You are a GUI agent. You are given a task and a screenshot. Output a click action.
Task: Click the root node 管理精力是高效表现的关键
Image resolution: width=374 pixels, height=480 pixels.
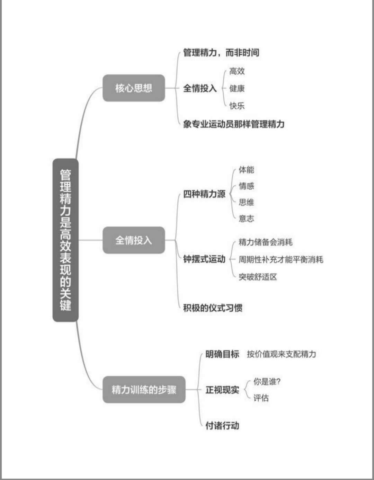tap(65, 240)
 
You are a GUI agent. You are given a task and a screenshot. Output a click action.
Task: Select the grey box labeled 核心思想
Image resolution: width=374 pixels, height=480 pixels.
tap(134, 88)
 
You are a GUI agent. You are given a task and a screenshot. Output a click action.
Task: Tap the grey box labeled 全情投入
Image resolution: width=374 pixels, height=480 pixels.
tap(134, 240)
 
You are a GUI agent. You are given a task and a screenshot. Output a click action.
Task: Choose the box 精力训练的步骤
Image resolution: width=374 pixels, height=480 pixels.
tap(144, 389)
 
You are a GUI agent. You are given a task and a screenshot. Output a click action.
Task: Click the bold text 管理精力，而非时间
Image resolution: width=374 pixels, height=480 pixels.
tap(221, 53)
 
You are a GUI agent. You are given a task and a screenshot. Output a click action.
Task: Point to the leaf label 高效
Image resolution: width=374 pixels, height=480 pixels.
tap(237, 71)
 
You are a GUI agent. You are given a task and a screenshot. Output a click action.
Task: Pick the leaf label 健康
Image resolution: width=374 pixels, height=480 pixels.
tap(237, 88)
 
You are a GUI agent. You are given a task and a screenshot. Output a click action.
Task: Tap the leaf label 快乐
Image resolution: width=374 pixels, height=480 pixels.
tap(237, 106)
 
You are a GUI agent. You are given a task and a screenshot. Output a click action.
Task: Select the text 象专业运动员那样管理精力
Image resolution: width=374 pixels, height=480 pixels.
tap(234, 124)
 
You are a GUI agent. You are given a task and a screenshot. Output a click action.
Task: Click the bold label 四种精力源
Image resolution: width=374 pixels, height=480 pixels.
tap(204, 194)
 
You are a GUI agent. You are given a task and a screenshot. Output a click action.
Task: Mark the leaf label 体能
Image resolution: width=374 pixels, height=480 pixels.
tap(246, 170)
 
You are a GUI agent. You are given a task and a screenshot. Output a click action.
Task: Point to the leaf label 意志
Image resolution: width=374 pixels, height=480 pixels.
tap(246, 219)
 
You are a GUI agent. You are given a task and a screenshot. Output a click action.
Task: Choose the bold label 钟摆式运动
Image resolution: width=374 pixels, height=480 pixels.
tap(204, 259)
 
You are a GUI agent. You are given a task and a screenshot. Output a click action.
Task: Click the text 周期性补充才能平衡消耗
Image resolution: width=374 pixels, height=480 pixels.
tap(281, 259)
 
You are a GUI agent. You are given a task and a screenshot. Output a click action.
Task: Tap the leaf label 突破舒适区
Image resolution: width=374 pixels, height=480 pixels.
tap(258, 277)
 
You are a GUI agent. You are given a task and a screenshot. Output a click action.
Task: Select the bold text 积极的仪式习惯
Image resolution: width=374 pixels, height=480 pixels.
tap(213, 308)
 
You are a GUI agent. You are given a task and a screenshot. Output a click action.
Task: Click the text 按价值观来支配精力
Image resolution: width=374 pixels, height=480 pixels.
tap(282, 354)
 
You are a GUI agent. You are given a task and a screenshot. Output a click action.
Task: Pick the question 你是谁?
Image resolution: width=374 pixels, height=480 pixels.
tap(267, 382)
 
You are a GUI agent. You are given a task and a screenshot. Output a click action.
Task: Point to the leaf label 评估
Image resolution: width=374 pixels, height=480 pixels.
tap(261, 398)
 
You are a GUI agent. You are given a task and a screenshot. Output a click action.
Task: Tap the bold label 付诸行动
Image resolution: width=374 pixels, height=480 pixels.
tap(222, 425)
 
